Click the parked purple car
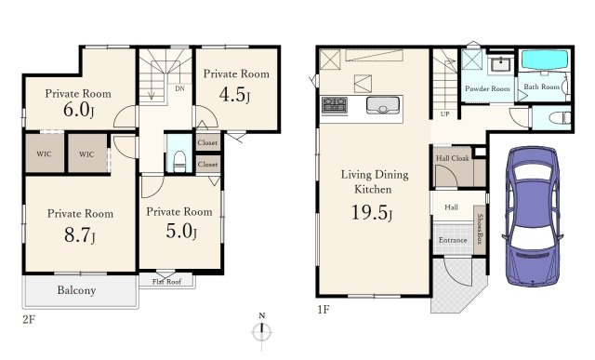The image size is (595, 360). [532, 217]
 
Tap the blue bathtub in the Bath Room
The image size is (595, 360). [545, 60]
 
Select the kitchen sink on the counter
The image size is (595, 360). [383, 105]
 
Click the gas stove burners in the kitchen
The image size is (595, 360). [335, 105]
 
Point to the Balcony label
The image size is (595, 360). [76, 290]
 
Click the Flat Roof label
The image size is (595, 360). [166, 282]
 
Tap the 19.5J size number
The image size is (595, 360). [372, 212]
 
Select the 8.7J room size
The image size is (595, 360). [80, 234]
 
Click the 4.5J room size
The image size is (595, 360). [234, 95]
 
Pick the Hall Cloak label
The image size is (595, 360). [453, 158]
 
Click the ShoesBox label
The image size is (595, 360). [480, 229]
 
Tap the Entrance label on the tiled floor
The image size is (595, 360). [453, 240]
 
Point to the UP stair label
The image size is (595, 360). [445, 113]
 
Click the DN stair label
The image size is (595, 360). [179, 88]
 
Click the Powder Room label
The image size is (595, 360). [487, 89]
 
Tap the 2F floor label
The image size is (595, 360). [29, 319]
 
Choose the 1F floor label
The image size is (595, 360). [324, 309]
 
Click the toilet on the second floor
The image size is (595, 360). [179, 161]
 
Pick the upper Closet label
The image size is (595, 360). [207, 142]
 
